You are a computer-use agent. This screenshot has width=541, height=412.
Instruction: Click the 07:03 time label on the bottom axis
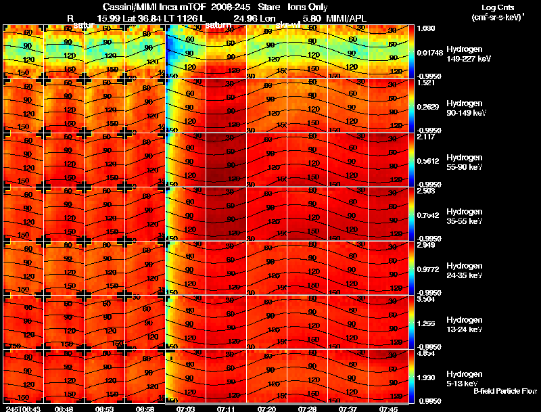pos(185,409)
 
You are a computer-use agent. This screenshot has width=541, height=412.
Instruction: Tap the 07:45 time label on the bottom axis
pos(388,409)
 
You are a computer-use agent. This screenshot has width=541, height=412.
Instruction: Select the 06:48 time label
pos(64,409)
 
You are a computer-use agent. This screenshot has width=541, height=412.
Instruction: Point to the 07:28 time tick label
pos(307,409)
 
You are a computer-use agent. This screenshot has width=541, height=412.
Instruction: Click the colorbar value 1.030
pos(426,28)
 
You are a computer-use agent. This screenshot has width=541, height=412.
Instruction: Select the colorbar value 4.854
pos(426,353)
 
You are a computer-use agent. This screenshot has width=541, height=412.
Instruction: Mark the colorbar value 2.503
pos(426,191)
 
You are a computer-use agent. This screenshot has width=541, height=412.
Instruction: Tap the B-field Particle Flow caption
pos(505,391)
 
